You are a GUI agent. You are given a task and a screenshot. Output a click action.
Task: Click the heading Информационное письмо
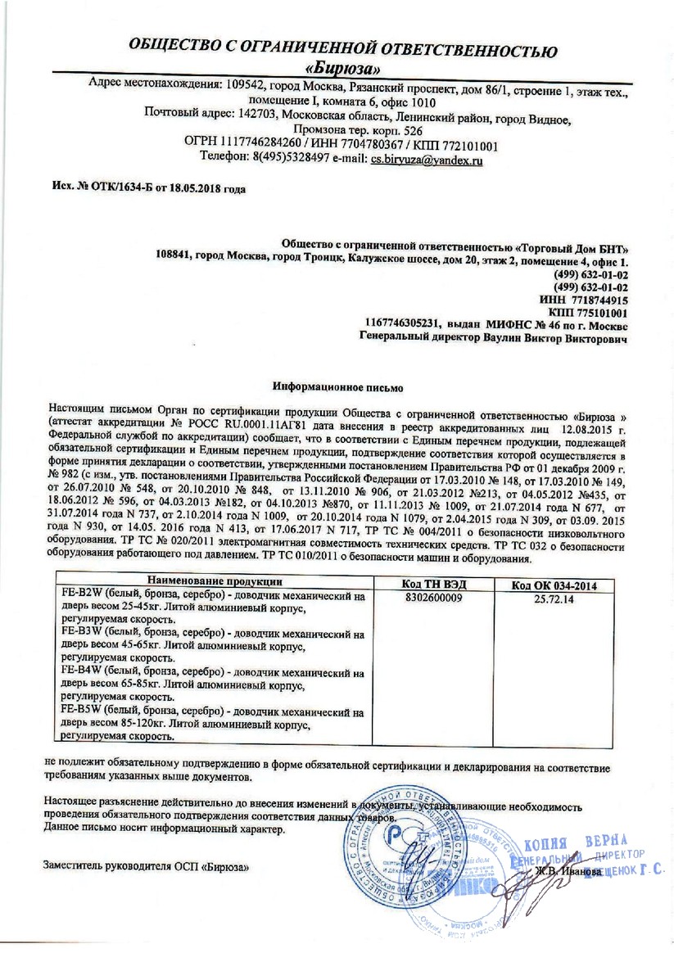pos(337,382)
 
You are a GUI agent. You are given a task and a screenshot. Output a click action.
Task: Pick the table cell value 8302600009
pos(433,597)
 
